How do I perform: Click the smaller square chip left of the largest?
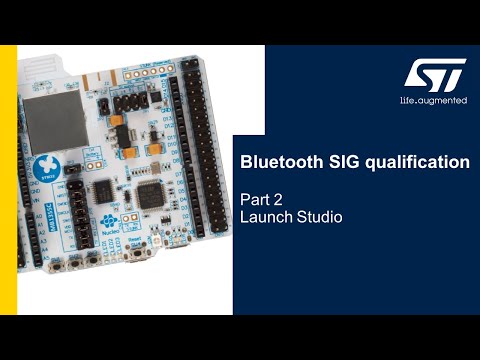[105, 187]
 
